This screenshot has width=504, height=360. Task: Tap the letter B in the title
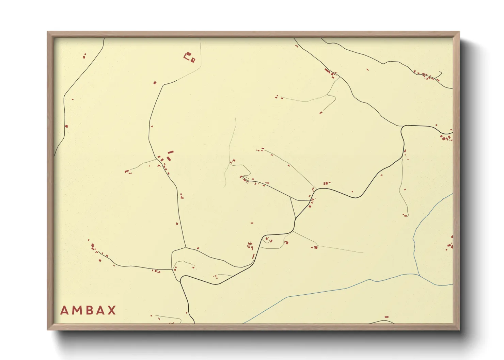point(88,310)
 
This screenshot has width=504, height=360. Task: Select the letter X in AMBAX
point(111,310)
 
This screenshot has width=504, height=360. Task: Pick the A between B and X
point(99,310)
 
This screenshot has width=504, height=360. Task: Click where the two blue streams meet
point(418,274)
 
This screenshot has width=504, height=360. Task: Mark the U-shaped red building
point(187,55)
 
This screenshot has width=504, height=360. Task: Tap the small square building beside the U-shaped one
point(193,60)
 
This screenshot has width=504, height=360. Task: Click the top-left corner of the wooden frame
point(47,32)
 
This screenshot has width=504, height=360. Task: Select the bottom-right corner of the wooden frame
point(459,330)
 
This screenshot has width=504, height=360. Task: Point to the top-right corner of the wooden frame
point(459,32)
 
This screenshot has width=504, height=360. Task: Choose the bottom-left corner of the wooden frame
point(47,330)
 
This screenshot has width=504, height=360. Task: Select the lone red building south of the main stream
point(386,317)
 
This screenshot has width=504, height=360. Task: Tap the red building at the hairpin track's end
point(321,112)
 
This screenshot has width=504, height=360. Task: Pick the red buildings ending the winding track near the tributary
point(405,215)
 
